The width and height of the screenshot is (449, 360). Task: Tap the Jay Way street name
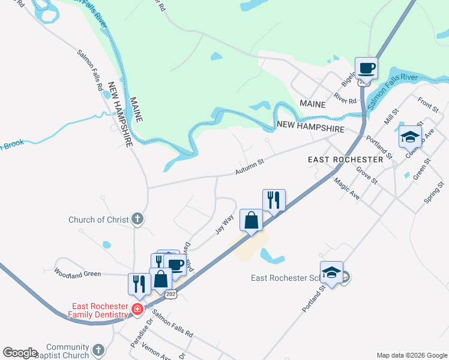pyautogui.click(x=224, y=224)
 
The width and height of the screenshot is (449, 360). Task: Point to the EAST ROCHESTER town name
pyautogui.click(x=345, y=160)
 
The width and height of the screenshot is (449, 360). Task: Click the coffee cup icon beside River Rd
pyautogui.click(x=366, y=68)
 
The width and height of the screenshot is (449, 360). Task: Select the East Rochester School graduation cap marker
pyautogui.click(x=331, y=272)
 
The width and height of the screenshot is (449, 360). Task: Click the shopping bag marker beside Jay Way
pyautogui.click(x=251, y=220)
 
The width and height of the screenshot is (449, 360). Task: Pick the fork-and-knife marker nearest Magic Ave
pyautogui.click(x=274, y=200)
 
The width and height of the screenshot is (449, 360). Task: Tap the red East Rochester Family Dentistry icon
pyautogui.click(x=137, y=310)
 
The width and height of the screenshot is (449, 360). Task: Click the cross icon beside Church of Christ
pyautogui.click(x=137, y=220)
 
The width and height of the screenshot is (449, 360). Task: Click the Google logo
pyautogui.click(x=20, y=353)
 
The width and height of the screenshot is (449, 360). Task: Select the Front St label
pyautogui.click(x=429, y=104)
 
